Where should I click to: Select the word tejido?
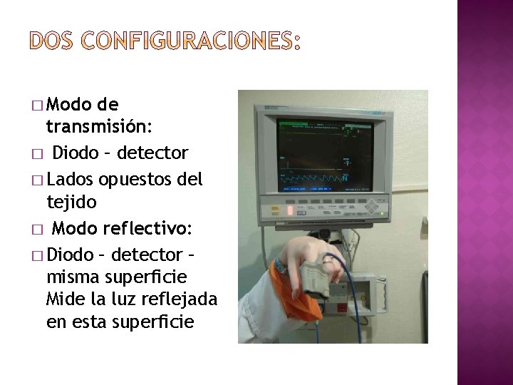(71, 202)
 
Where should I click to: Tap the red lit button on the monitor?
(290, 212)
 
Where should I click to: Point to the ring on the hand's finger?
(329, 261)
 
